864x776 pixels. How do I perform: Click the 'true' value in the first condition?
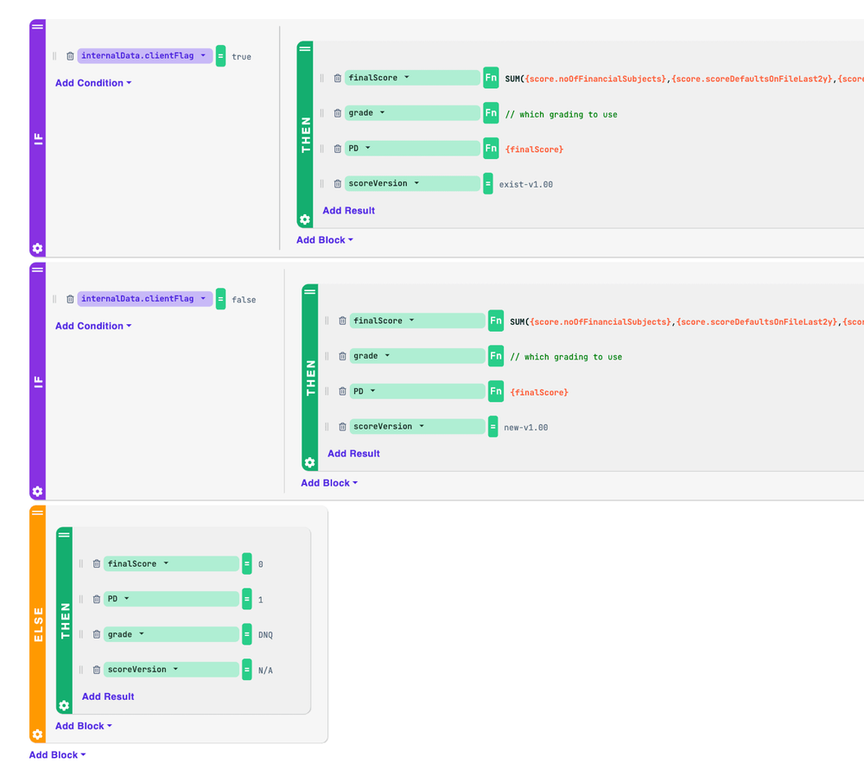click(241, 57)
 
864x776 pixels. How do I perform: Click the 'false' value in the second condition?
click(244, 300)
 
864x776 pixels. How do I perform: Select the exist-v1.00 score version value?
click(525, 185)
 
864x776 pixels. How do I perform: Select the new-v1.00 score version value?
click(525, 428)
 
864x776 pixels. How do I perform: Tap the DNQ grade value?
click(265, 635)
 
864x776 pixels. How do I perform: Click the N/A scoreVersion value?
click(265, 671)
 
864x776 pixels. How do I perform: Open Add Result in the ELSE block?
click(108, 696)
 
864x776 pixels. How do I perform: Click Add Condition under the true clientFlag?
click(93, 83)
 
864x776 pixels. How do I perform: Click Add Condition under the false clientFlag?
click(93, 326)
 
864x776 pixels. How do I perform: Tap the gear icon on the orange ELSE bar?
click(37, 735)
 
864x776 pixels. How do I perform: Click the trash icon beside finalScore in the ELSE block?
click(97, 563)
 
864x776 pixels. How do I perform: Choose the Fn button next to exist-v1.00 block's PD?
click(491, 149)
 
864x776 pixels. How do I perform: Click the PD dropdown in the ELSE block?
click(171, 599)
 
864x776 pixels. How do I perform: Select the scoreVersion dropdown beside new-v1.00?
click(417, 427)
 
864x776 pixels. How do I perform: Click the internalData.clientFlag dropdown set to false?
click(145, 299)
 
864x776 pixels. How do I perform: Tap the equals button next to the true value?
click(220, 55)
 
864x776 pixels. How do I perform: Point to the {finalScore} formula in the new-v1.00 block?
click(539, 392)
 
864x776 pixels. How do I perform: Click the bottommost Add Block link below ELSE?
click(57, 755)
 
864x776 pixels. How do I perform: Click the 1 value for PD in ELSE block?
click(261, 600)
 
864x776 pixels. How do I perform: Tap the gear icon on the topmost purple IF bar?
click(37, 248)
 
